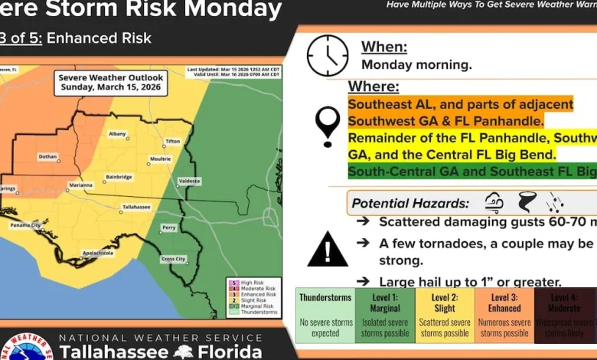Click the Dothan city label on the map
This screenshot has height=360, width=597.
coord(47,156)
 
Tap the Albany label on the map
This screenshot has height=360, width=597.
coord(117,133)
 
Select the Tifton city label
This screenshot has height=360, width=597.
coord(173,142)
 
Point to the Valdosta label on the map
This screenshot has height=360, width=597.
coord(189,182)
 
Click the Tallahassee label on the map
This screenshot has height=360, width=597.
coord(136,207)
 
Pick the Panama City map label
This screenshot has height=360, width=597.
coord(26,225)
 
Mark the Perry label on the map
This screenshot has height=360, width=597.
coord(169,227)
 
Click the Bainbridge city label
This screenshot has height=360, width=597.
coord(119,176)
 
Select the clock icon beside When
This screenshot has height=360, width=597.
coord(328,55)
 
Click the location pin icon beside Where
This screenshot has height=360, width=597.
coord(328,126)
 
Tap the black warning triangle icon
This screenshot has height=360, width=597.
coord(328,249)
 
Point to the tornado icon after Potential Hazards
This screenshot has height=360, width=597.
coord(527,203)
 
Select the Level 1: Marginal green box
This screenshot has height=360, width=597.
coord(385,315)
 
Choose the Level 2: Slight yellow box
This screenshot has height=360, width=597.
coord(445,315)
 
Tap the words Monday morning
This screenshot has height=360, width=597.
coord(416,65)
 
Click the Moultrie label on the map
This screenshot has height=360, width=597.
coord(161,159)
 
